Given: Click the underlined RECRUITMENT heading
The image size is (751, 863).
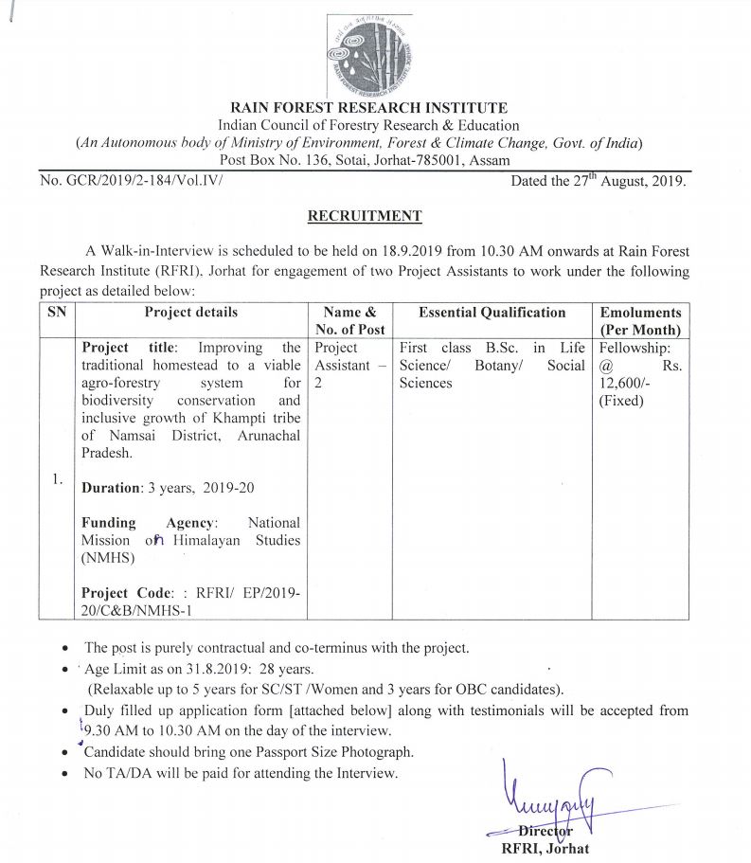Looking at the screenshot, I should coord(365,216).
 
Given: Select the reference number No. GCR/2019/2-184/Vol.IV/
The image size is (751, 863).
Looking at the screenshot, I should coord(131,179).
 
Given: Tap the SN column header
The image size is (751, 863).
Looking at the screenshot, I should coord(56,313).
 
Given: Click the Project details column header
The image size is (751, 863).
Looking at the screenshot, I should coord(190,313).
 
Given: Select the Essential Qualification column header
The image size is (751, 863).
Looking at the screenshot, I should coord(492,313).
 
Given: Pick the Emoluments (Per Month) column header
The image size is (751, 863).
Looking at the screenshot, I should coord(640,321).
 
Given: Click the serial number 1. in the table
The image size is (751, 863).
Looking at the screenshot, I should coord(57,479).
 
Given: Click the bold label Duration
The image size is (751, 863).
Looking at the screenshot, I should coord(110,488).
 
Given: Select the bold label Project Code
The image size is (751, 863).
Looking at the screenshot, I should coord(127,593).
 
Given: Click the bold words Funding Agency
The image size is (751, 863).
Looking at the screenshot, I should coord(151,522).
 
